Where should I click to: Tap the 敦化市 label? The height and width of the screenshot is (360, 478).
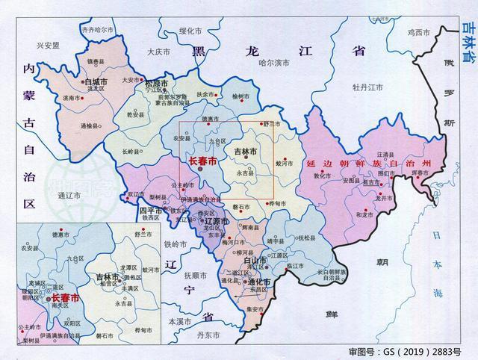322,176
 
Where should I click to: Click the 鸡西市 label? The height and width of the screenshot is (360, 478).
420,32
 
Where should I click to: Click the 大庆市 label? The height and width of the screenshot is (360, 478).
158,52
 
